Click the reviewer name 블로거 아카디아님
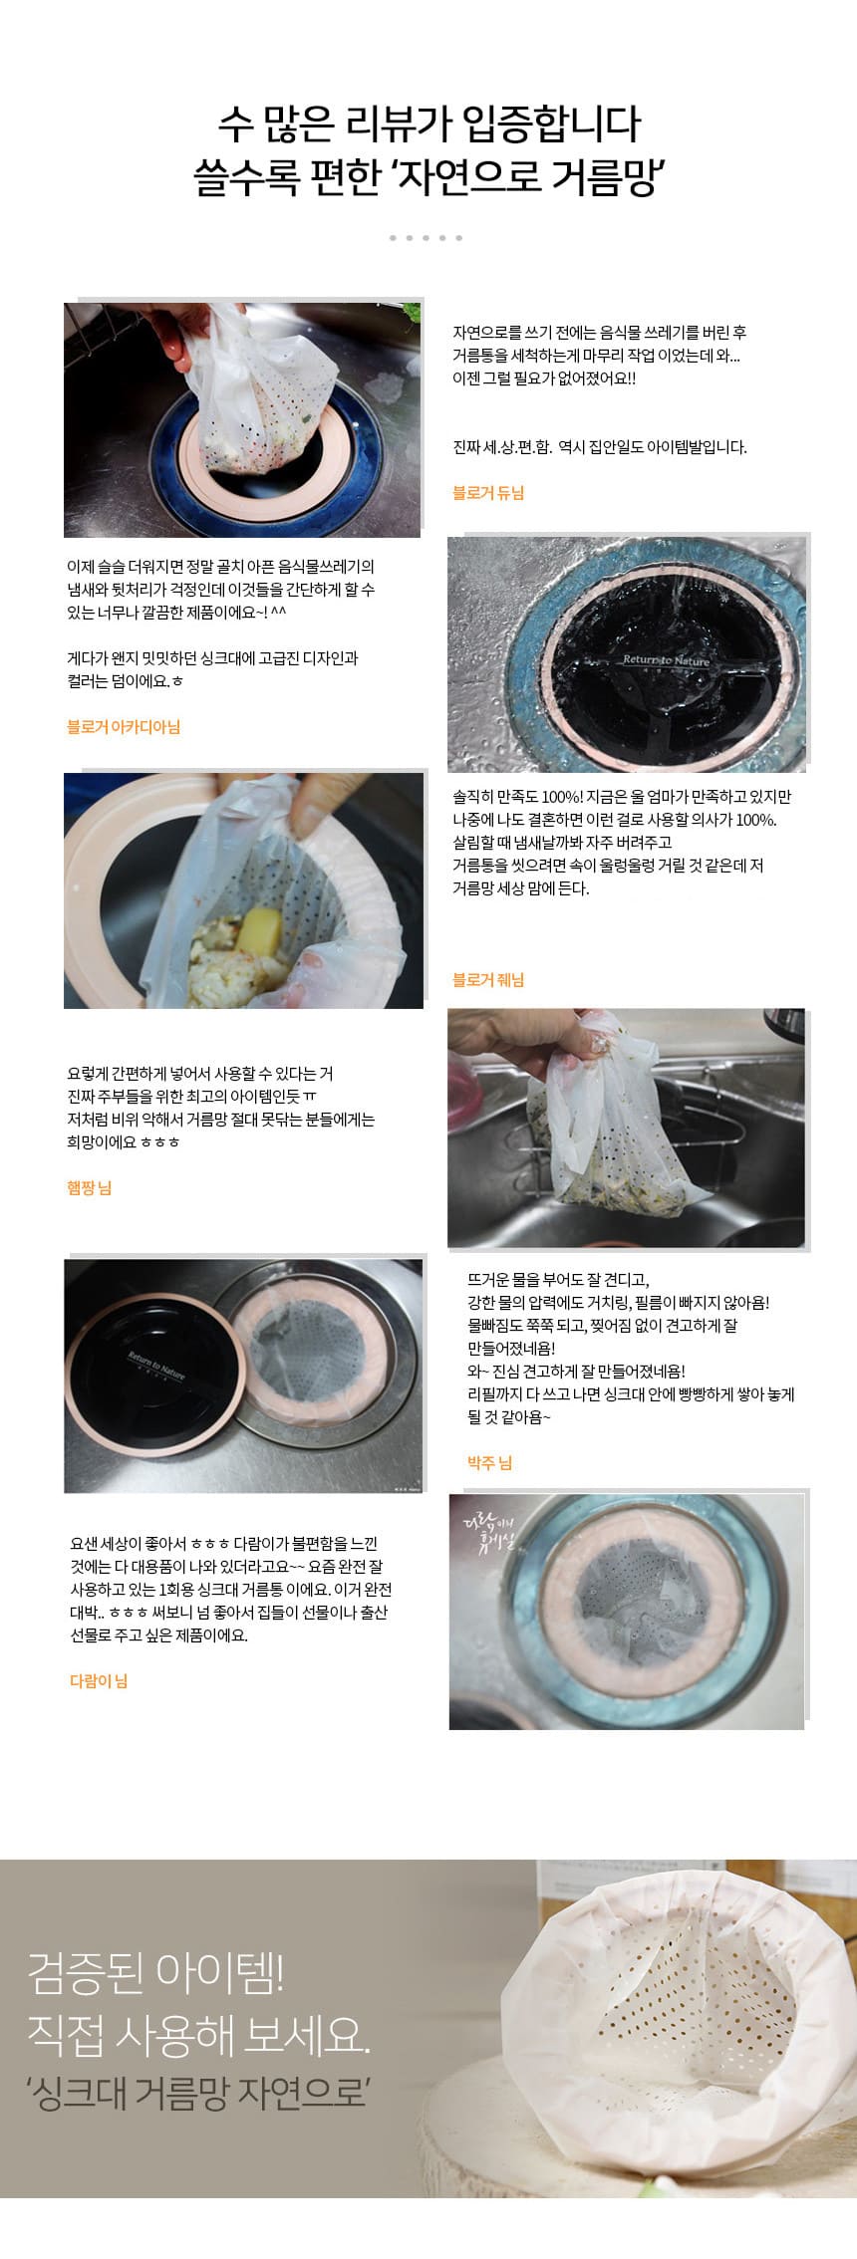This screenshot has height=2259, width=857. (x=124, y=727)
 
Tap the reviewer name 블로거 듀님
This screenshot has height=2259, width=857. (x=488, y=492)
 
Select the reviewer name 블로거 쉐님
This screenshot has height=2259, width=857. (x=488, y=980)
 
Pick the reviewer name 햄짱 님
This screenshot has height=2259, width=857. (x=89, y=1187)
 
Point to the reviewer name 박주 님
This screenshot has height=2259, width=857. (x=489, y=1463)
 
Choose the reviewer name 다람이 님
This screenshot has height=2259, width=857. (x=99, y=1681)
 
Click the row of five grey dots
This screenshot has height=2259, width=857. (x=427, y=238)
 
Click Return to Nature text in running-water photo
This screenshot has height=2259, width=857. (x=667, y=660)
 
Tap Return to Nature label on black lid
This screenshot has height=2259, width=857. (x=156, y=1364)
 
